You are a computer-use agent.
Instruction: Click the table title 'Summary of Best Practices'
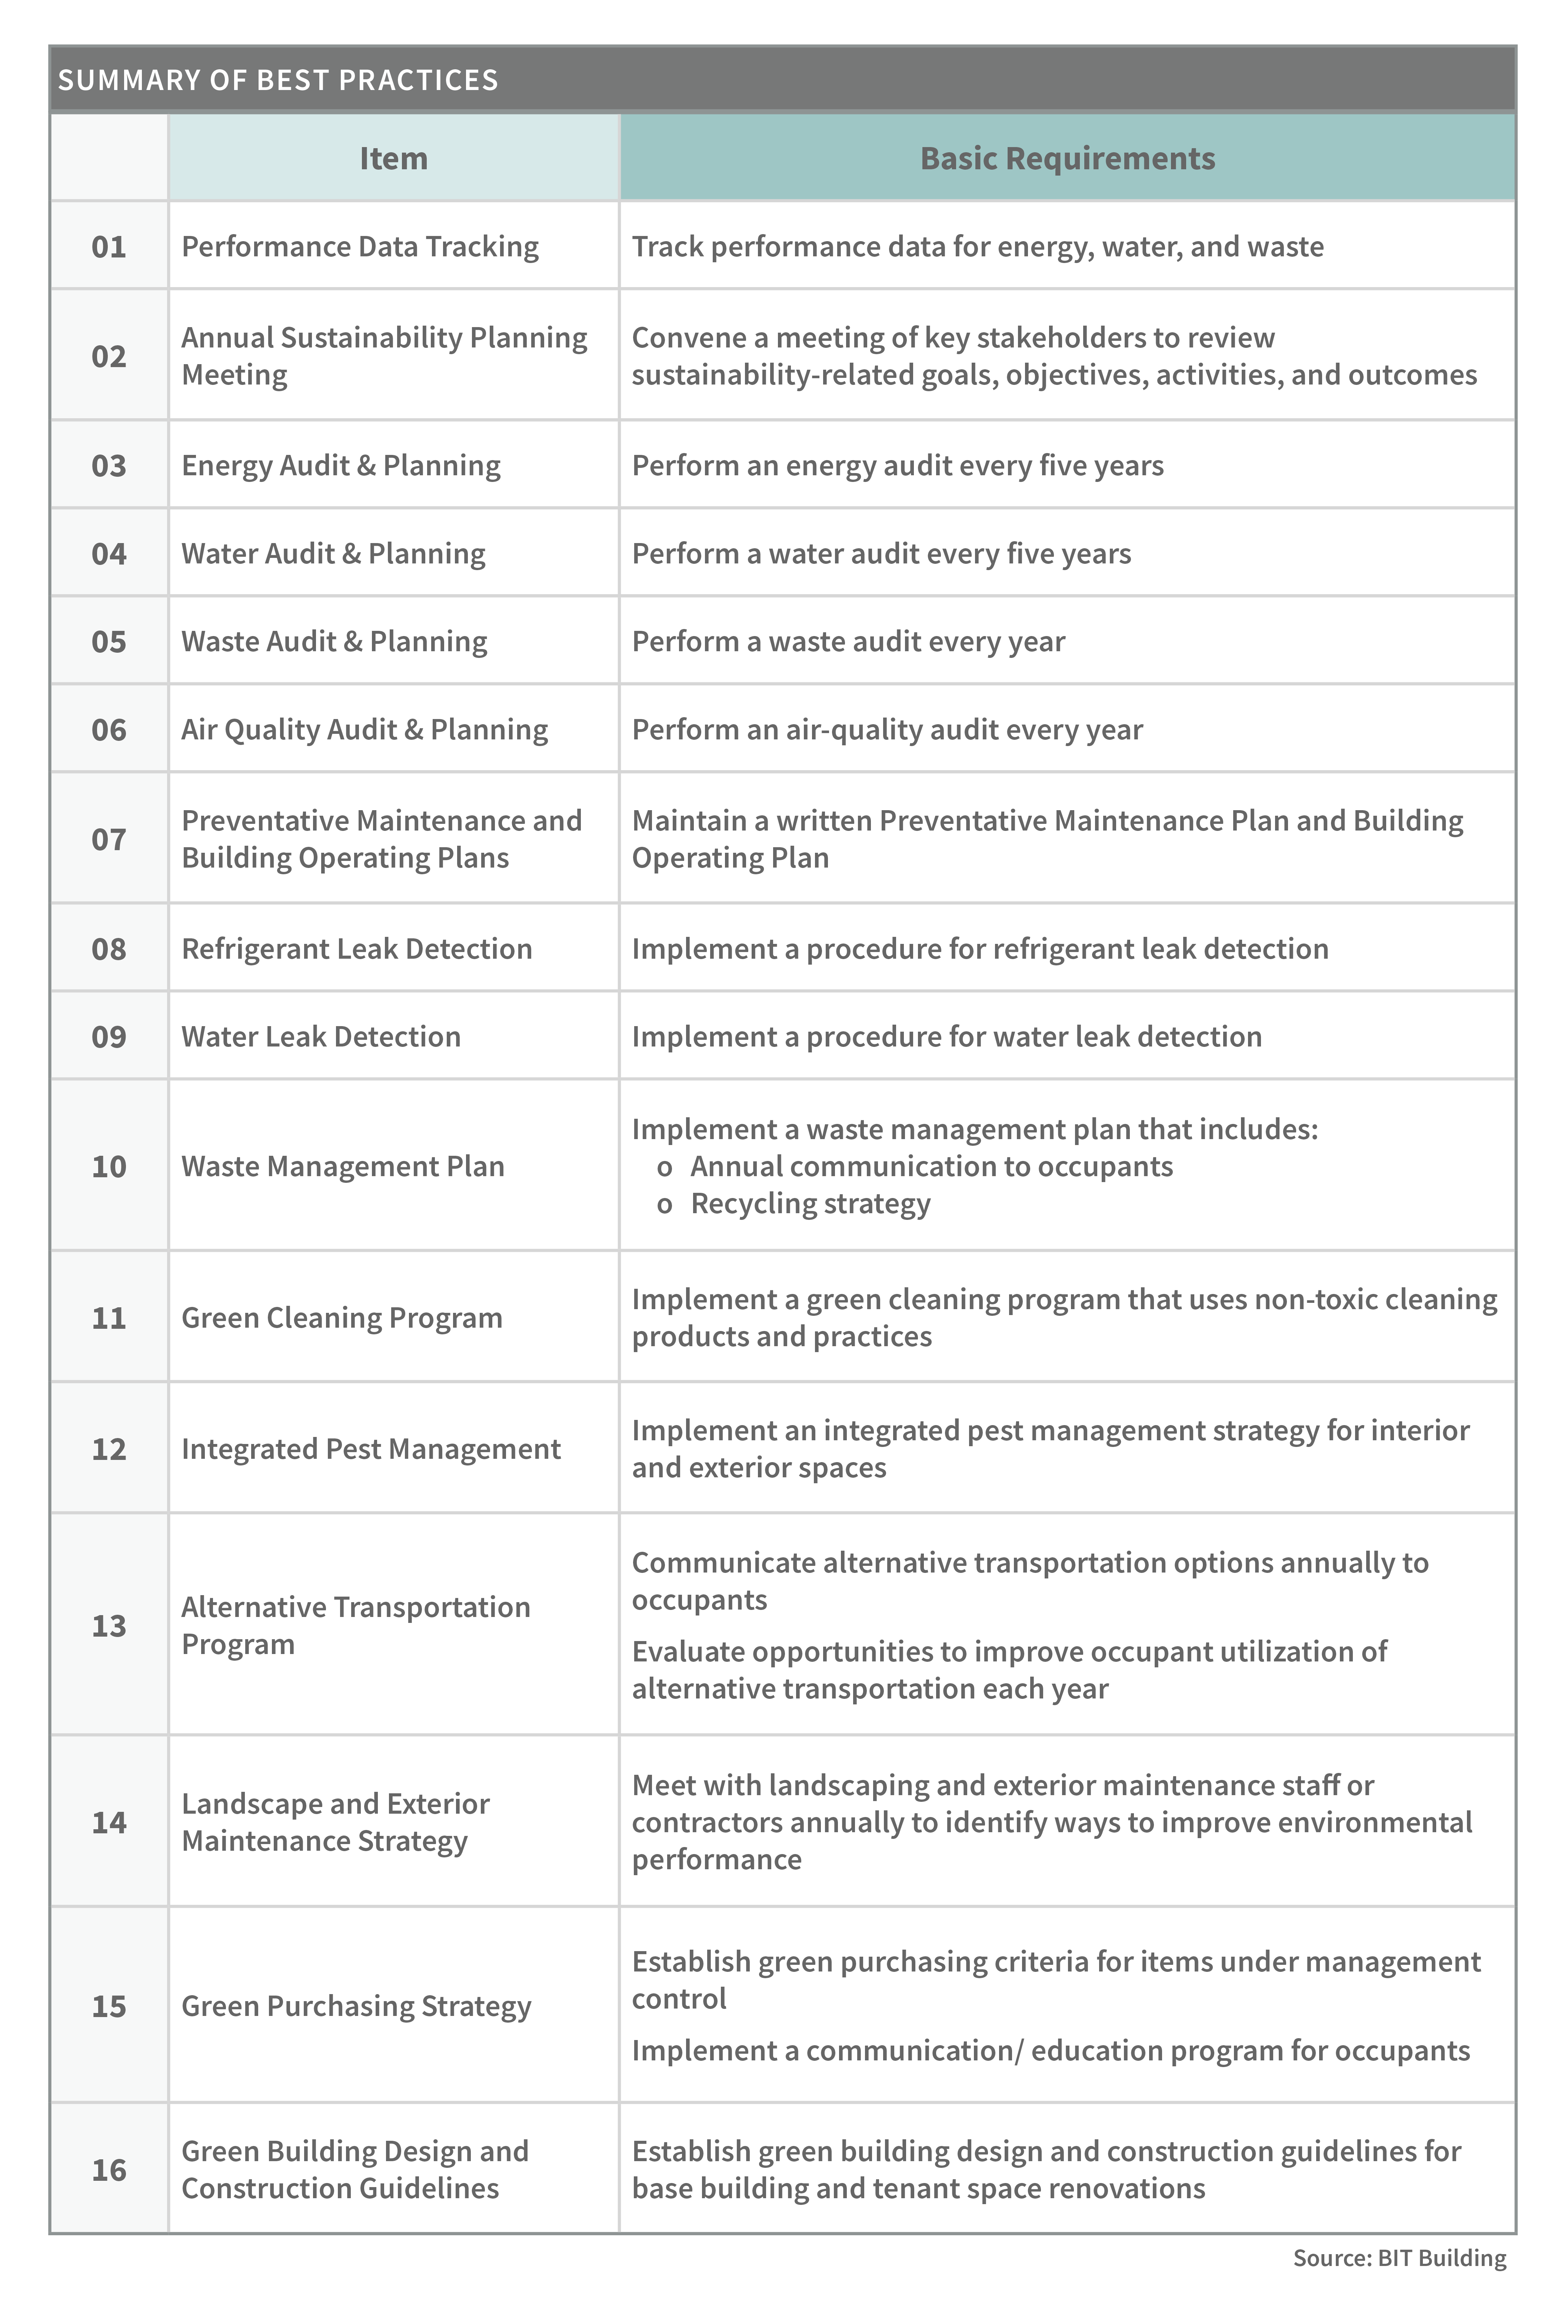tap(278, 79)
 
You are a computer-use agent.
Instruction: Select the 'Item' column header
tap(393, 159)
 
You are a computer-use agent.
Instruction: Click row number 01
tap(109, 246)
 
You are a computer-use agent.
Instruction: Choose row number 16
tap(109, 2170)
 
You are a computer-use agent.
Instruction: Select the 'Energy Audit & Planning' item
tap(340, 465)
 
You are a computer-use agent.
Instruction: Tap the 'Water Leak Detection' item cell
tap(320, 1036)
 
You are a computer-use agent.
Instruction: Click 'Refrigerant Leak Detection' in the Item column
tap(356, 949)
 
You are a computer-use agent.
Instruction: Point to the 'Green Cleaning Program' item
tap(342, 1318)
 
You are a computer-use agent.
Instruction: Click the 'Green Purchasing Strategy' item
tap(356, 2005)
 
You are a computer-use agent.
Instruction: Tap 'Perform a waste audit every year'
tap(848, 641)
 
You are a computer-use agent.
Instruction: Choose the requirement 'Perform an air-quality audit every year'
tap(887, 729)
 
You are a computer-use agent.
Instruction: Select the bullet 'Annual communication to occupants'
tap(931, 1166)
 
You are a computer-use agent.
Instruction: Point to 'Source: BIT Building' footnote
tap(1399, 2257)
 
